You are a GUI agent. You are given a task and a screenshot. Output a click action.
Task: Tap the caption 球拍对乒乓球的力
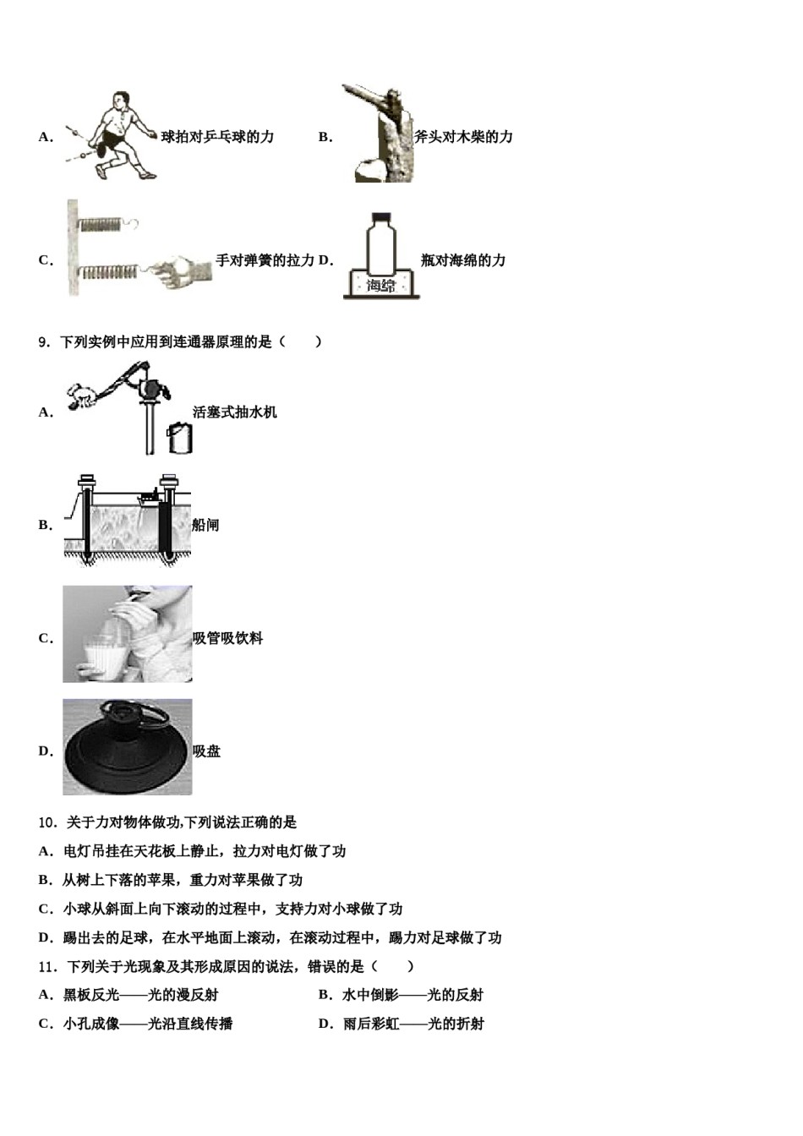pyautogui.click(x=217, y=137)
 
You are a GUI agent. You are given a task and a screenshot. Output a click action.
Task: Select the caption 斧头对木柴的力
pyautogui.click(x=463, y=137)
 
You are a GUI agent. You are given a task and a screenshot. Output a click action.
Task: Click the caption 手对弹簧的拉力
pyautogui.click(x=265, y=260)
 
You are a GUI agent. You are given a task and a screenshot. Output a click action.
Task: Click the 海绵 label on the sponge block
pyautogui.click(x=381, y=286)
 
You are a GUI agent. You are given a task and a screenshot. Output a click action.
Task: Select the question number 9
pyautogui.click(x=45, y=342)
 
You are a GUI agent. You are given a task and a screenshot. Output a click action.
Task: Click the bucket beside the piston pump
pyautogui.click(x=180, y=437)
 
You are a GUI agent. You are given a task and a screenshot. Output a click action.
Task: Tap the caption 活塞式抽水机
pyautogui.click(x=234, y=412)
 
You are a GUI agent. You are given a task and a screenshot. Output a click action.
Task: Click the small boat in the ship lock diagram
pyautogui.click(x=150, y=497)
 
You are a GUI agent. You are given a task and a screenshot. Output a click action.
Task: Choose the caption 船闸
pyautogui.click(x=205, y=525)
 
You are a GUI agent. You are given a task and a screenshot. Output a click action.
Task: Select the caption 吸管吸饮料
pyautogui.click(x=227, y=638)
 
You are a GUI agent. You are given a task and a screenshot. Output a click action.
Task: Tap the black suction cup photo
pyautogui.click(x=127, y=747)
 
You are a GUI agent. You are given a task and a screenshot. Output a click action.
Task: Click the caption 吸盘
pyautogui.click(x=207, y=751)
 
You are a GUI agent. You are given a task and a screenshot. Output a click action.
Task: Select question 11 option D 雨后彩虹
pyautogui.click(x=401, y=1024)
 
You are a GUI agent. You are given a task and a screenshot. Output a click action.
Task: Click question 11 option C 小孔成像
pyautogui.click(x=135, y=1024)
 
